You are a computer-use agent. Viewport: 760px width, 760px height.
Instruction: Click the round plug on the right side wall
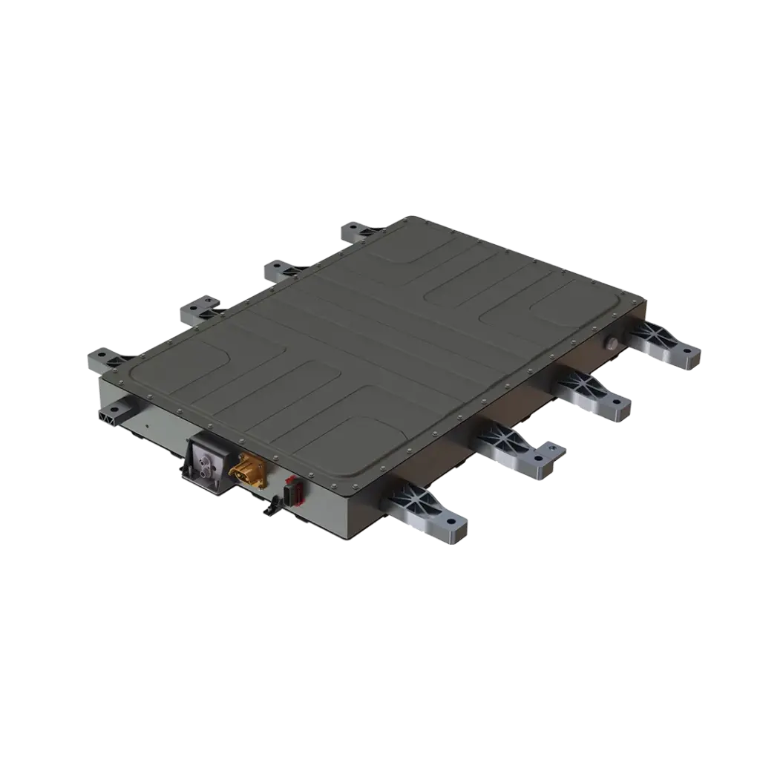pos(613,342)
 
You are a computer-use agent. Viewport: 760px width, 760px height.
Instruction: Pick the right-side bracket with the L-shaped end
pos(520,450)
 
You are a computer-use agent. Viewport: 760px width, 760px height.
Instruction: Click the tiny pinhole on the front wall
pos(147,429)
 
